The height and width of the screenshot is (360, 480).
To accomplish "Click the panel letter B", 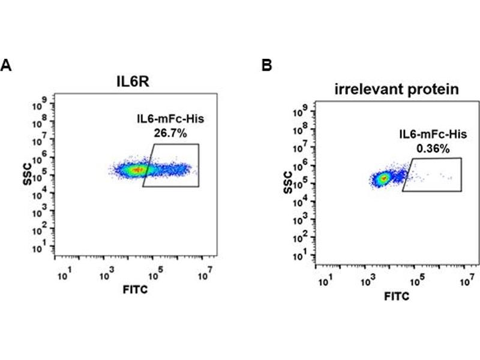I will pyautogui.click(x=266, y=65).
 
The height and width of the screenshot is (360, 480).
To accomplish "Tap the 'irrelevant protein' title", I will pyautogui.click(x=397, y=90).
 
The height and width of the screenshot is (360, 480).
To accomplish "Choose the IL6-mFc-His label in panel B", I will pyautogui.click(x=427, y=136).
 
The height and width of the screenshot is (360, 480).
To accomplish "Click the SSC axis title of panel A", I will pyautogui.click(x=28, y=172).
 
